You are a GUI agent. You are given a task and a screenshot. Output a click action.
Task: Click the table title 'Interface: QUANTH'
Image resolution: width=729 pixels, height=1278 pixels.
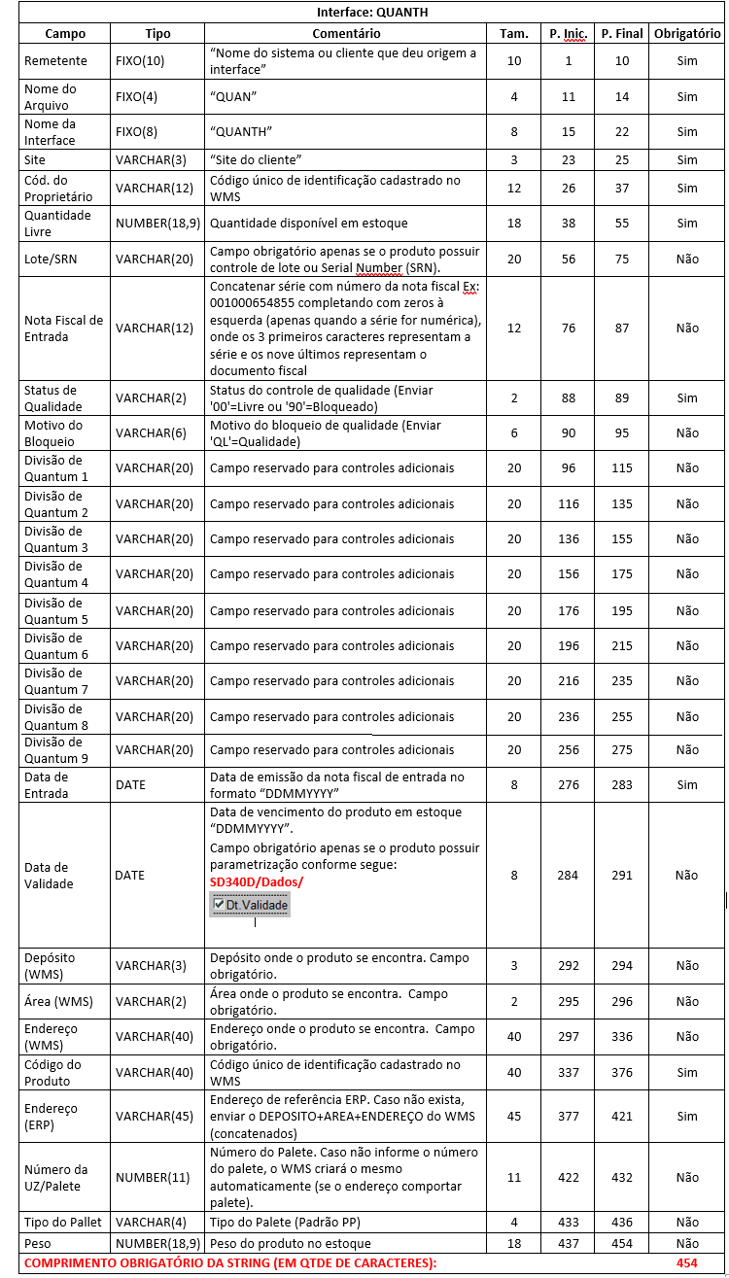pos(371,13)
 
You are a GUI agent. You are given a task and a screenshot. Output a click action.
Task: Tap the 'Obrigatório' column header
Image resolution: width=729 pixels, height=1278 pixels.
pos(687,33)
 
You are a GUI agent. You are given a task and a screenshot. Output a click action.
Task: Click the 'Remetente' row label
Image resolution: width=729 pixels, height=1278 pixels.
pos(55,61)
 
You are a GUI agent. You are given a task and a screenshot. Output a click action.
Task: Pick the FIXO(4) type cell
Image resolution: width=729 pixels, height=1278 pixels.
pos(135,96)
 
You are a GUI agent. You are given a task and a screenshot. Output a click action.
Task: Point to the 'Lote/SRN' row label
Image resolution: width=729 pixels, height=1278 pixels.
pos(51,259)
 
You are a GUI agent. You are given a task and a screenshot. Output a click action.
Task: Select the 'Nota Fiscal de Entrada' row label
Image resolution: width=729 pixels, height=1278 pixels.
pos(63,328)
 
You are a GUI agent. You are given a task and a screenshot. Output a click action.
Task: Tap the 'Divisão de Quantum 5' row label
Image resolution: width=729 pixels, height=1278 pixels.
pos(56,610)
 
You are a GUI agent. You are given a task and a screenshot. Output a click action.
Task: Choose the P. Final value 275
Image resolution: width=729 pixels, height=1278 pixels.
pos(622,750)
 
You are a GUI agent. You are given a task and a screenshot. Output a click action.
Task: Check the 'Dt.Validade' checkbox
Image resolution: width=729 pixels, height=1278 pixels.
pos(218,905)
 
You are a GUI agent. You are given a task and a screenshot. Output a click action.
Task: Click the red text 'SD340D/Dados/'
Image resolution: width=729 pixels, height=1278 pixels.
pos(257,881)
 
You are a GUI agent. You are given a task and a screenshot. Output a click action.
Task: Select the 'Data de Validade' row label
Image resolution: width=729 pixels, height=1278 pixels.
pos(47,876)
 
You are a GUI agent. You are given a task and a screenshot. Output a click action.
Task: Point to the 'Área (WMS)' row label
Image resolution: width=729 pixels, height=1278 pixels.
pos(56,1001)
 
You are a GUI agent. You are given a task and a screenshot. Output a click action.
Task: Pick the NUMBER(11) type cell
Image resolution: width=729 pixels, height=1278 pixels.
pos(154,1178)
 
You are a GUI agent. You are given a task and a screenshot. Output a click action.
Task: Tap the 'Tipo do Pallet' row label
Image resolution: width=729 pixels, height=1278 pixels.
pos(62,1222)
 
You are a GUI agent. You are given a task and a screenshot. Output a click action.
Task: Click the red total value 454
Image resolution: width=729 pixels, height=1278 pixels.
pos(687,1262)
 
